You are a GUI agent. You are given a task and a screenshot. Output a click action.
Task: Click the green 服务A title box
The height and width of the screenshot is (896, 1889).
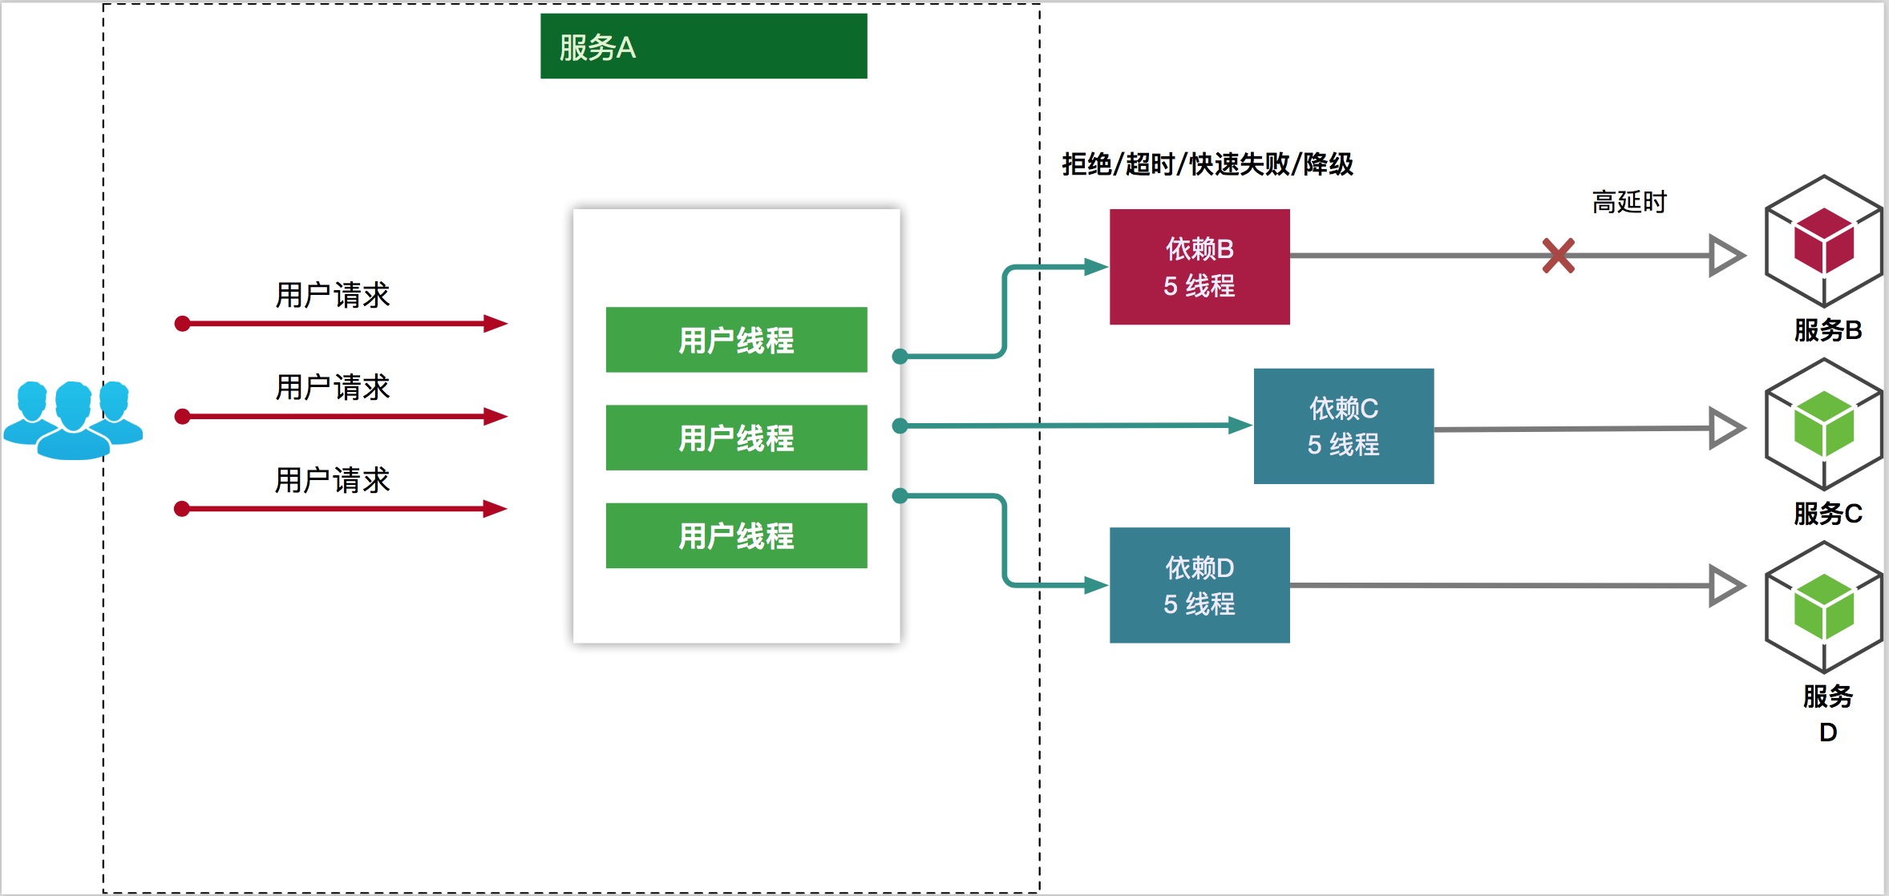click(x=703, y=46)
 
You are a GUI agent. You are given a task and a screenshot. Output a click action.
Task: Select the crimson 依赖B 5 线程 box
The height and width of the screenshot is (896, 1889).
click(x=1199, y=267)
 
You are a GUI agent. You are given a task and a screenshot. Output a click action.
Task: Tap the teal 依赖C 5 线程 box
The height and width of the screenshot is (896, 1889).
click(x=1343, y=426)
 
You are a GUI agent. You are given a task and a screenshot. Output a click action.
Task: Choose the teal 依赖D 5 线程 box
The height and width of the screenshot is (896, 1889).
click(x=1199, y=585)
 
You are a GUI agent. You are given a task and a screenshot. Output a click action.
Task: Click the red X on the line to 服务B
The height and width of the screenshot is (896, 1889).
click(x=1558, y=256)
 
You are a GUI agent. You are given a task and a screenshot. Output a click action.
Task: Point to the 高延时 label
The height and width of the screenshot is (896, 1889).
click(x=1628, y=202)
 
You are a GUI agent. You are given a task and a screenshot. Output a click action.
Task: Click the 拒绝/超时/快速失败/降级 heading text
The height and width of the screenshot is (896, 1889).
click(x=1207, y=164)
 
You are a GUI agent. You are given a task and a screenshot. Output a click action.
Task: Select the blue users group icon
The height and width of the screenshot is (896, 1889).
click(x=73, y=420)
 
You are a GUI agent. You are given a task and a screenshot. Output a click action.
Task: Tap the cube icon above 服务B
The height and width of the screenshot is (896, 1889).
click(x=1823, y=241)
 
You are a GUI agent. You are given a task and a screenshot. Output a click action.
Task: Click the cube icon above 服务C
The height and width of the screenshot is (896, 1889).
click(x=1823, y=424)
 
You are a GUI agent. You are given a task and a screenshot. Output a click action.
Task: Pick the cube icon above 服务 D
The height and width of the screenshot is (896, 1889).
click(x=1823, y=607)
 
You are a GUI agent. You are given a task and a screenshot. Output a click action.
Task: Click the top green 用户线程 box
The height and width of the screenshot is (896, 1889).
click(x=736, y=340)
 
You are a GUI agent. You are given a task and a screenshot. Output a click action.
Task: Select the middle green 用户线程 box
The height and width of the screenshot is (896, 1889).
click(x=736, y=438)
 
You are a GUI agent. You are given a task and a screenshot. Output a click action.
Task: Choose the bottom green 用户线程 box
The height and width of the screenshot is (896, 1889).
click(x=736, y=535)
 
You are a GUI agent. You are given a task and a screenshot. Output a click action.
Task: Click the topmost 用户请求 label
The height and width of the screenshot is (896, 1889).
click(x=332, y=295)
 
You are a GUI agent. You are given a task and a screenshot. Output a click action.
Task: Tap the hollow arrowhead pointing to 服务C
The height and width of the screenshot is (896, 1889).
click(x=1725, y=428)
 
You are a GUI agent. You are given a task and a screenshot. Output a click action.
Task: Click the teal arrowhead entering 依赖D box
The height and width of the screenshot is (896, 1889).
click(x=1095, y=585)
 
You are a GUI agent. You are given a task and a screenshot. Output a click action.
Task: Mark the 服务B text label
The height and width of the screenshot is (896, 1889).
click(x=1827, y=330)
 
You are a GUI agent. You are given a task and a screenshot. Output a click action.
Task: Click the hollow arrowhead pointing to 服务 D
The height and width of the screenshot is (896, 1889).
click(x=1725, y=586)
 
